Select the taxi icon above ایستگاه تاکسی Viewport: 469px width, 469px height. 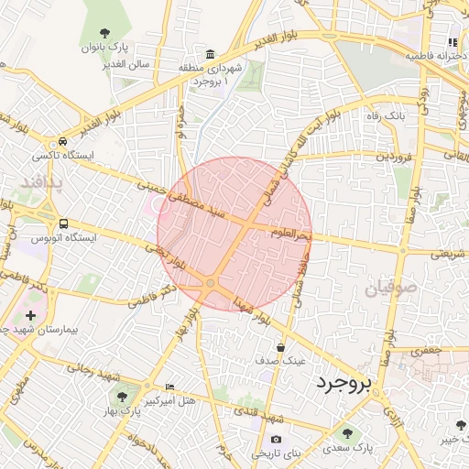(x=62, y=142)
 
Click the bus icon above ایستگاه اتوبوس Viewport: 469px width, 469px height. (x=63, y=224)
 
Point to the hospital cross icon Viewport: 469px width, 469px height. (x=31, y=314)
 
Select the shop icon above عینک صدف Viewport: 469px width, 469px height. (x=280, y=347)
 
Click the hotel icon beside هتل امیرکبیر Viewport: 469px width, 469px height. (x=169, y=387)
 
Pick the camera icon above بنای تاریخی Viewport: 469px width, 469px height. (x=276, y=440)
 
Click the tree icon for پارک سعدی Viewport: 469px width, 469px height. (x=347, y=433)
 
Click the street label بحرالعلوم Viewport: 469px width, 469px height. (x=291, y=234)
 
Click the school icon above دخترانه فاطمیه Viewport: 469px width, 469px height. (x=453, y=42)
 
